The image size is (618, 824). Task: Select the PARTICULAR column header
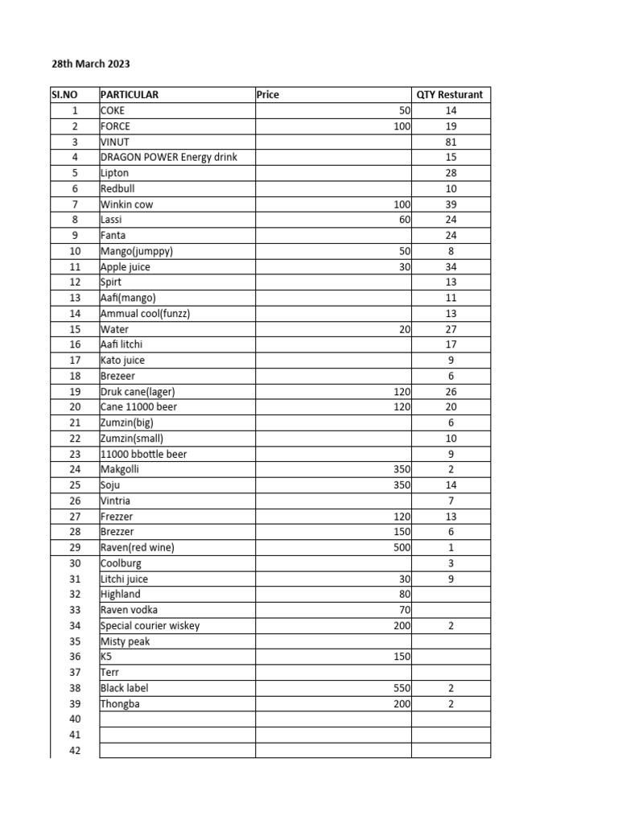(x=130, y=94)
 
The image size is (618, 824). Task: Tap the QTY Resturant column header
(x=450, y=94)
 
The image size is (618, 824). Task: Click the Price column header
(x=268, y=94)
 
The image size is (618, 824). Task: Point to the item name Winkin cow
(x=126, y=204)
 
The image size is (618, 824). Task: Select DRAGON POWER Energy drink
(x=169, y=157)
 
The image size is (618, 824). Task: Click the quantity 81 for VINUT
(x=451, y=142)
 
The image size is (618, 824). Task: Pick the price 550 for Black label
(x=399, y=688)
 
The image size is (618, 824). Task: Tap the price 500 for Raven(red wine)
(x=399, y=548)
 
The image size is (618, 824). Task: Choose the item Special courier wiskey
(x=150, y=625)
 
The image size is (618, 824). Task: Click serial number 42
(x=76, y=751)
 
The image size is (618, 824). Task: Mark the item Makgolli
(x=118, y=469)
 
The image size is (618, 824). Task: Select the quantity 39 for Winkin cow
(x=451, y=204)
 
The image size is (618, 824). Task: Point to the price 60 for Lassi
(x=404, y=220)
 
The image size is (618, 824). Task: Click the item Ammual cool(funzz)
(x=146, y=313)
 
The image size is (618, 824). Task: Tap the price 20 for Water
(x=404, y=329)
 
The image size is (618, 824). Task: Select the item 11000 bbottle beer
(x=143, y=454)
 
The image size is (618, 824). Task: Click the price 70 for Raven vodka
(x=404, y=610)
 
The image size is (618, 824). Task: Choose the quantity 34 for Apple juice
(x=451, y=266)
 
